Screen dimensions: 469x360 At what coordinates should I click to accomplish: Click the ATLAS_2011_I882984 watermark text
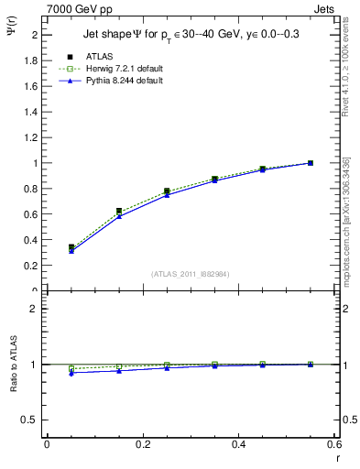pos(191,274)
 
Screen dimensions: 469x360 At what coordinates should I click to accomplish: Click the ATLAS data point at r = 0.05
pos(71,247)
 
